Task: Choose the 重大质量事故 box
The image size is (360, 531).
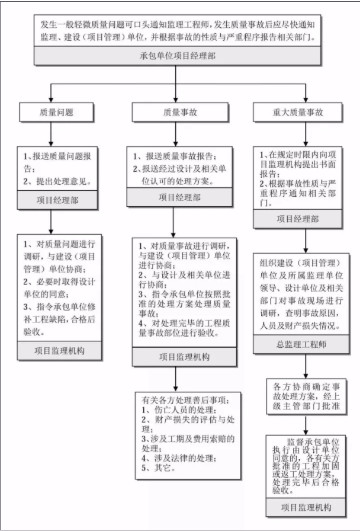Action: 297,111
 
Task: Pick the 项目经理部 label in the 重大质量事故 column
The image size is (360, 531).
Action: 297,219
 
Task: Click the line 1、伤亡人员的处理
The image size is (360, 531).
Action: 172,409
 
